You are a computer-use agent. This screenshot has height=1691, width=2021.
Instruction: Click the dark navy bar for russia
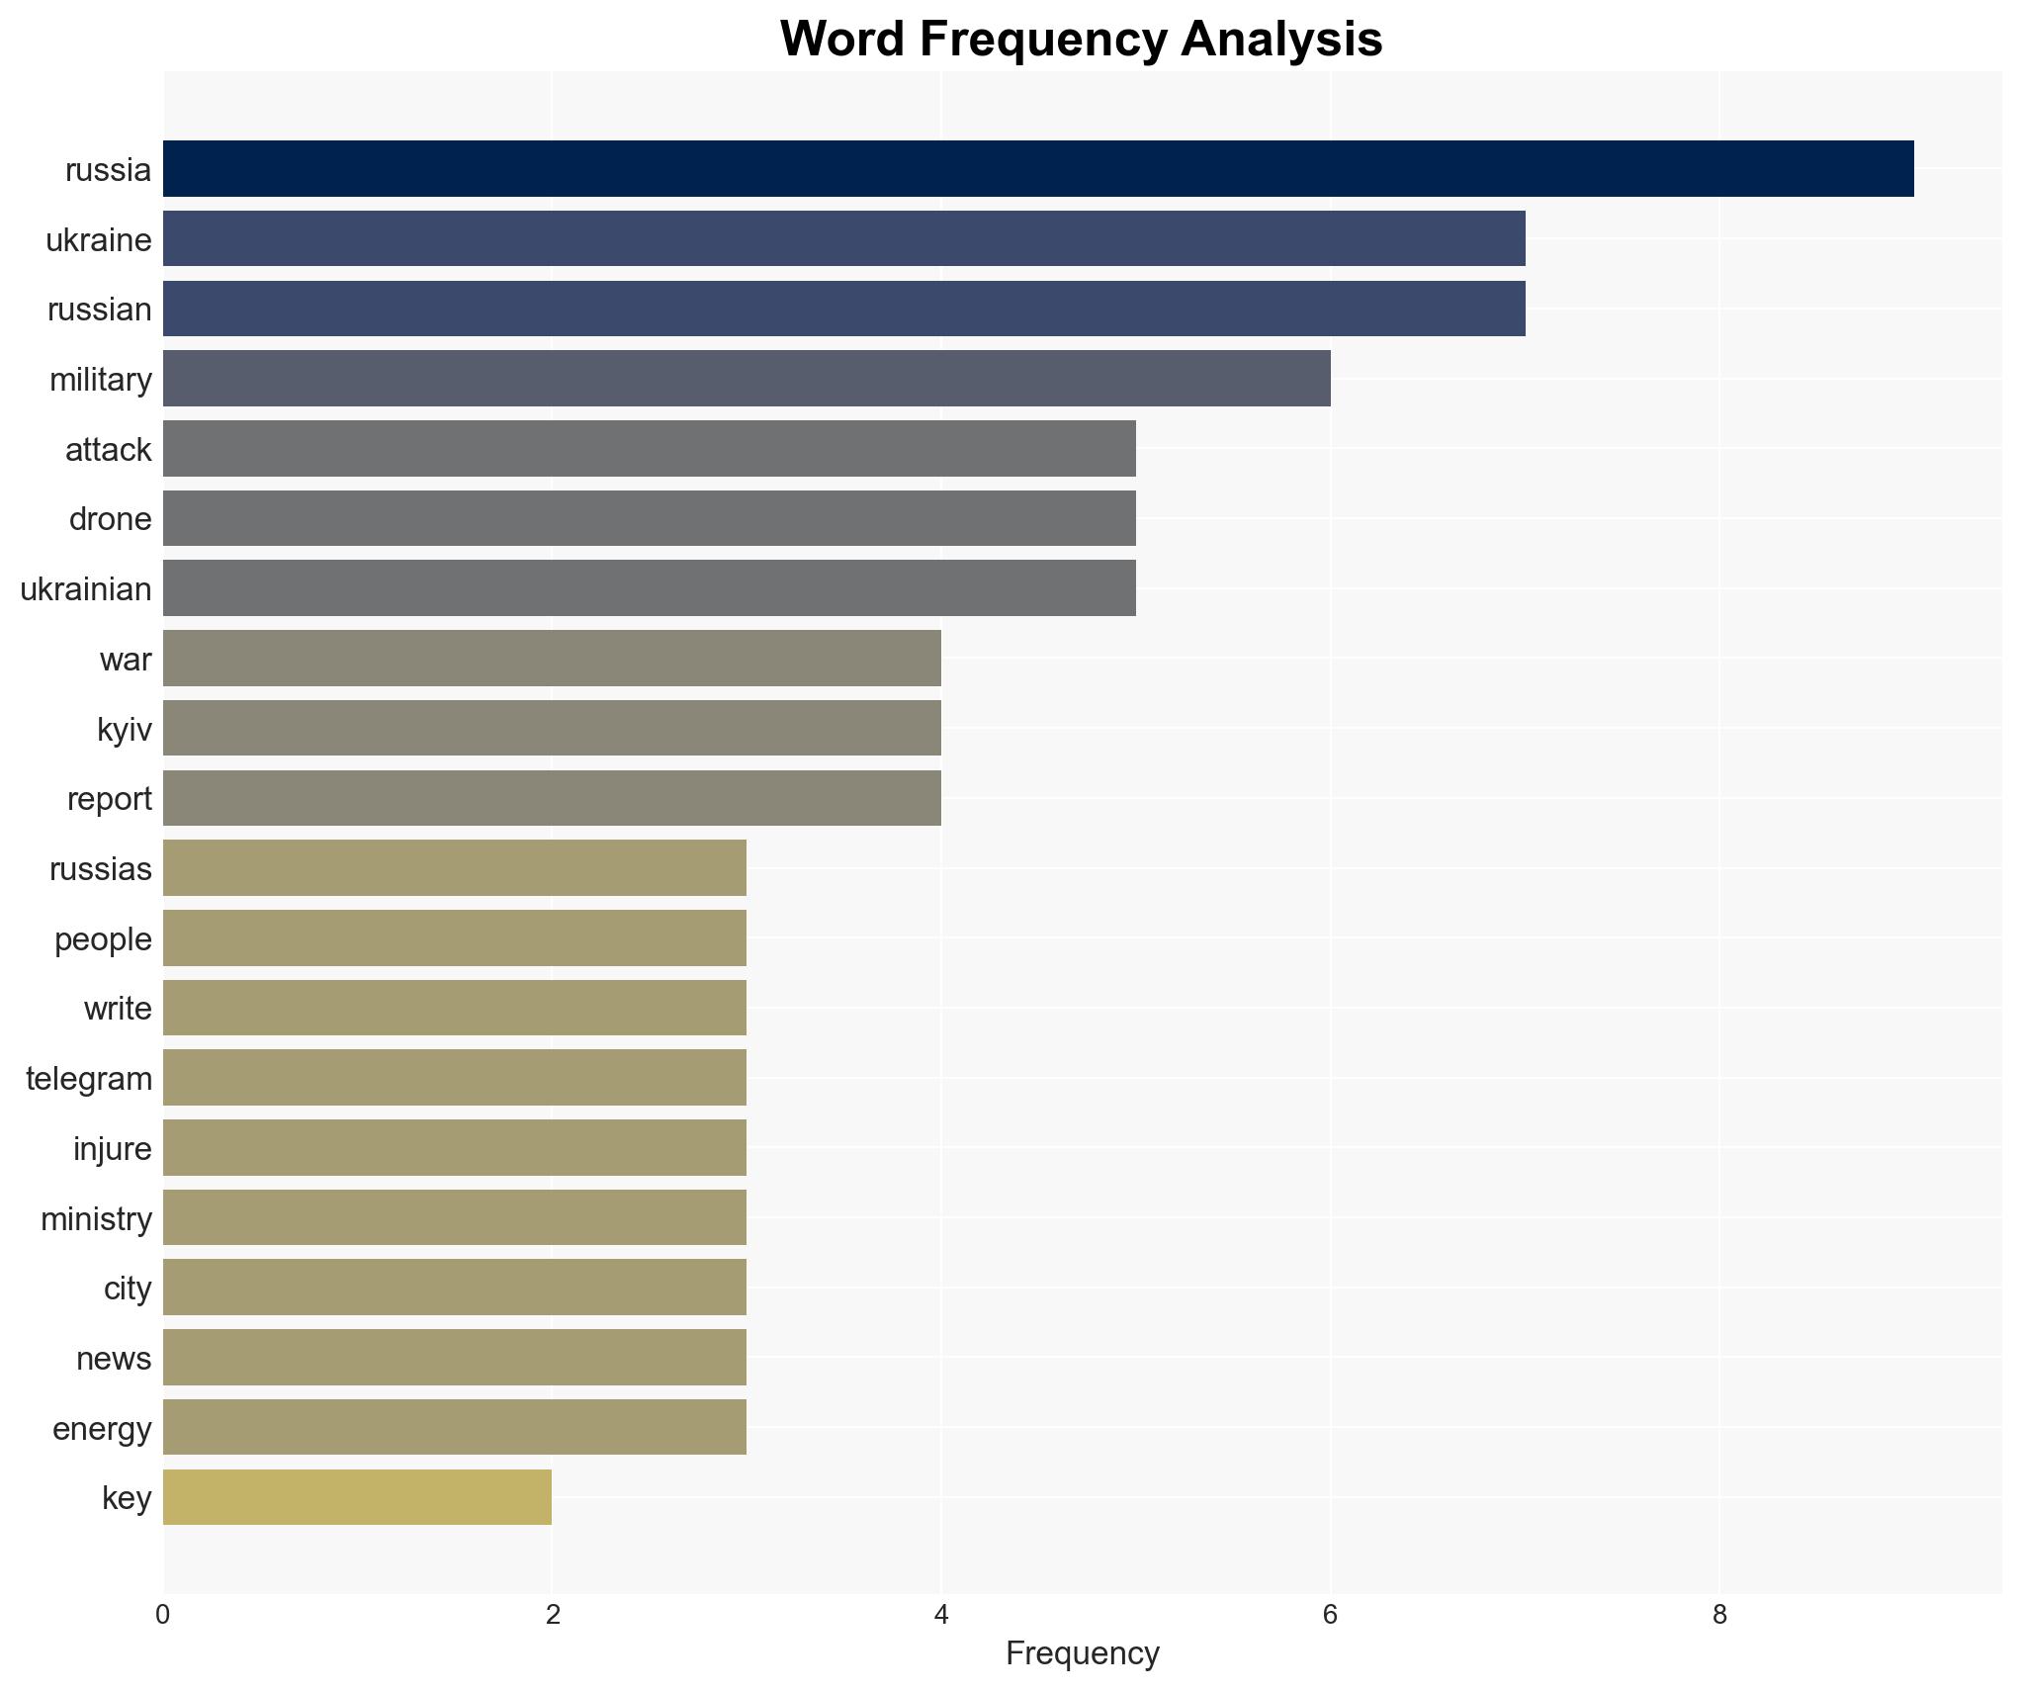[x=1038, y=169]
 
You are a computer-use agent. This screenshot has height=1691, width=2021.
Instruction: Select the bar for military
[x=747, y=379]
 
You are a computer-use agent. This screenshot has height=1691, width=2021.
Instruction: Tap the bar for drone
[x=649, y=518]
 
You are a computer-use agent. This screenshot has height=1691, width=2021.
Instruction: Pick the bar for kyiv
[x=552, y=729]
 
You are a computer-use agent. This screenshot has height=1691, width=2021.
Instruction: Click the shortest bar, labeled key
[x=357, y=1497]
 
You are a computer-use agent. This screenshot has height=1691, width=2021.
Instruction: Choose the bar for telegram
[x=455, y=1078]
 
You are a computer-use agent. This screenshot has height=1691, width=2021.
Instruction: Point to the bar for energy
[x=455, y=1428]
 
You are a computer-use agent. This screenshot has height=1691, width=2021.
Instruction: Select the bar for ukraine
[x=843, y=239]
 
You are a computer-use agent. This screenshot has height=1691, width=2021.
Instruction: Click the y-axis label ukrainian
[x=86, y=589]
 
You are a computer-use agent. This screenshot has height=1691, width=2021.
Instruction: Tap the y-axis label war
[x=126, y=660]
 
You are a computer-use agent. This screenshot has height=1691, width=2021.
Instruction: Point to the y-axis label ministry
[x=96, y=1219]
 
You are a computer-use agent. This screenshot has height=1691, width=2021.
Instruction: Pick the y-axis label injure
[x=112, y=1149]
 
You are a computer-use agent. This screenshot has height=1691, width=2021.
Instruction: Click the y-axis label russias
[x=100, y=869]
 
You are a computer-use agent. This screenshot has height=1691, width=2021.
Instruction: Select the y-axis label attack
[x=108, y=450]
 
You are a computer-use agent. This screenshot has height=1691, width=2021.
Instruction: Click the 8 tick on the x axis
[x=1719, y=1615]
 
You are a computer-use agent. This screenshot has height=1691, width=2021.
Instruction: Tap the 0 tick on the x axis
[x=163, y=1615]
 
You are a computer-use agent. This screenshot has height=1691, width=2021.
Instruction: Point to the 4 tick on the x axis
[x=941, y=1615]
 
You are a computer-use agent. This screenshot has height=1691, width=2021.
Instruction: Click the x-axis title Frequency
[x=1082, y=1653]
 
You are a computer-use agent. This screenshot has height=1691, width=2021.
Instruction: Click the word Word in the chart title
[x=842, y=40]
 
